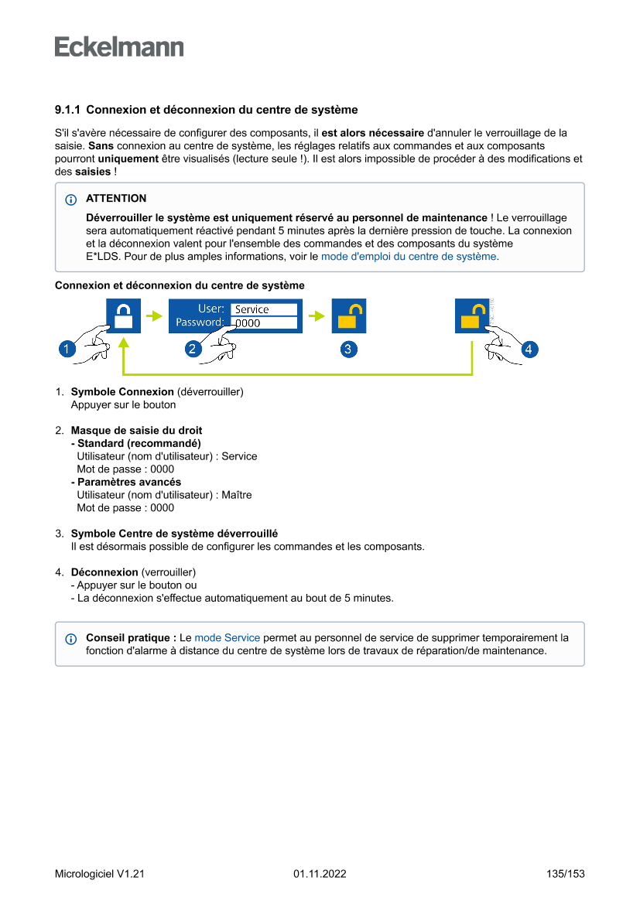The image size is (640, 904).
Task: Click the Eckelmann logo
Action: tap(119, 46)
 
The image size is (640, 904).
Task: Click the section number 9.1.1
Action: tap(68, 110)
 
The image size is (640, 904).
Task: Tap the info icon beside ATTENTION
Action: tap(72, 200)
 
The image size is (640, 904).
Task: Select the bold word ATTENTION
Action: tap(116, 199)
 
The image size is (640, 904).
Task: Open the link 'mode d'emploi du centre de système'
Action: tap(409, 256)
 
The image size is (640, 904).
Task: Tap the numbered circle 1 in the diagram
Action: tap(67, 350)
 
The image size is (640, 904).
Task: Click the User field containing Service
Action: tap(264, 309)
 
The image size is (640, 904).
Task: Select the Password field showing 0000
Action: tap(264, 323)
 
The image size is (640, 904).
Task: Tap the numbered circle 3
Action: tap(348, 350)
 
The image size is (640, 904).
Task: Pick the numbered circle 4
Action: tap(529, 350)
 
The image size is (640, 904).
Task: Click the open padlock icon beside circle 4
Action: tap(471, 316)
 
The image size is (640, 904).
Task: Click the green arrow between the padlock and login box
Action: tap(155, 316)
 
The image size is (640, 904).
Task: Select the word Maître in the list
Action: tap(237, 495)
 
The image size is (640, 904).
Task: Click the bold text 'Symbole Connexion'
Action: tap(122, 392)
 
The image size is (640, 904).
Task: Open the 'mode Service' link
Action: tap(227, 638)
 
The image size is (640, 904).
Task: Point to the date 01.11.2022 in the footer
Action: tap(320, 874)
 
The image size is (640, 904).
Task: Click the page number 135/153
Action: tap(565, 874)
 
